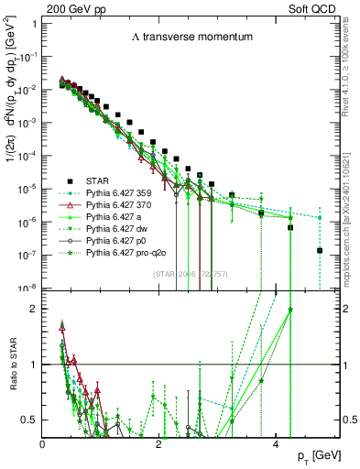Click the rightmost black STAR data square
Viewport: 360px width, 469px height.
(320, 250)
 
